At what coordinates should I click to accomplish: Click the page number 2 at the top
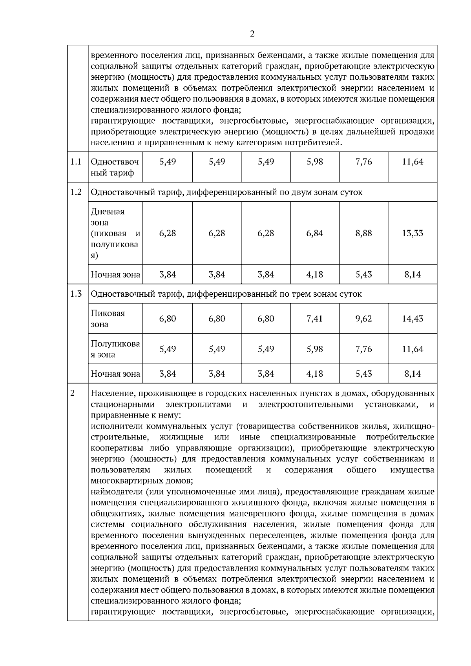pyautogui.click(x=252, y=34)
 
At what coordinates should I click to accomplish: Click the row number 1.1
pyautogui.click(x=76, y=162)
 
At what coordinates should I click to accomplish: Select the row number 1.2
pyautogui.click(x=76, y=192)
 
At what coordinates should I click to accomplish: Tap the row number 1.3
pyautogui.click(x=76, y=294)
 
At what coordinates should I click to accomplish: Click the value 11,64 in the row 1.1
pyautogui.click(x=413, y=162)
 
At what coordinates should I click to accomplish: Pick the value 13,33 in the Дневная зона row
pyautogui.click(x=413, y=233)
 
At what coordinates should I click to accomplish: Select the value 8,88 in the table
pyautogui.click(x=363, y=233)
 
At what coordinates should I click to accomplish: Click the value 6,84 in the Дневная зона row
pyautogui.click(x=314, y=233)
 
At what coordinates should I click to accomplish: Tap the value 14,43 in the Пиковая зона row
pyautogui.click(x=413, y=318)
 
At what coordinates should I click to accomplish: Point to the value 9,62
pyautogui.click(x=363, y=318)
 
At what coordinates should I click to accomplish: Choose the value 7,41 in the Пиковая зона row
pyautogui.click(x=314, y=318)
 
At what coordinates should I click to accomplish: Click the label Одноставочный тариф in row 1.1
pyautogui.click(x=115, y=167)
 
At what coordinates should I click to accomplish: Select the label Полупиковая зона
pyautogui.click(x=115, y=349)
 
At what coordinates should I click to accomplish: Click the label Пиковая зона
pyautogui.click(x=108, y=318)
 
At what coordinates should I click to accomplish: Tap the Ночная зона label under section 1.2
pyautogui.click(x=115, y=274)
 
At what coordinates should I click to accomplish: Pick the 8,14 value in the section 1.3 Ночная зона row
pyautogui.click(x=413, y=374)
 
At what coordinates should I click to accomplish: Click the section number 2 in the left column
pyautogui.click(x=72, y=393)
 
